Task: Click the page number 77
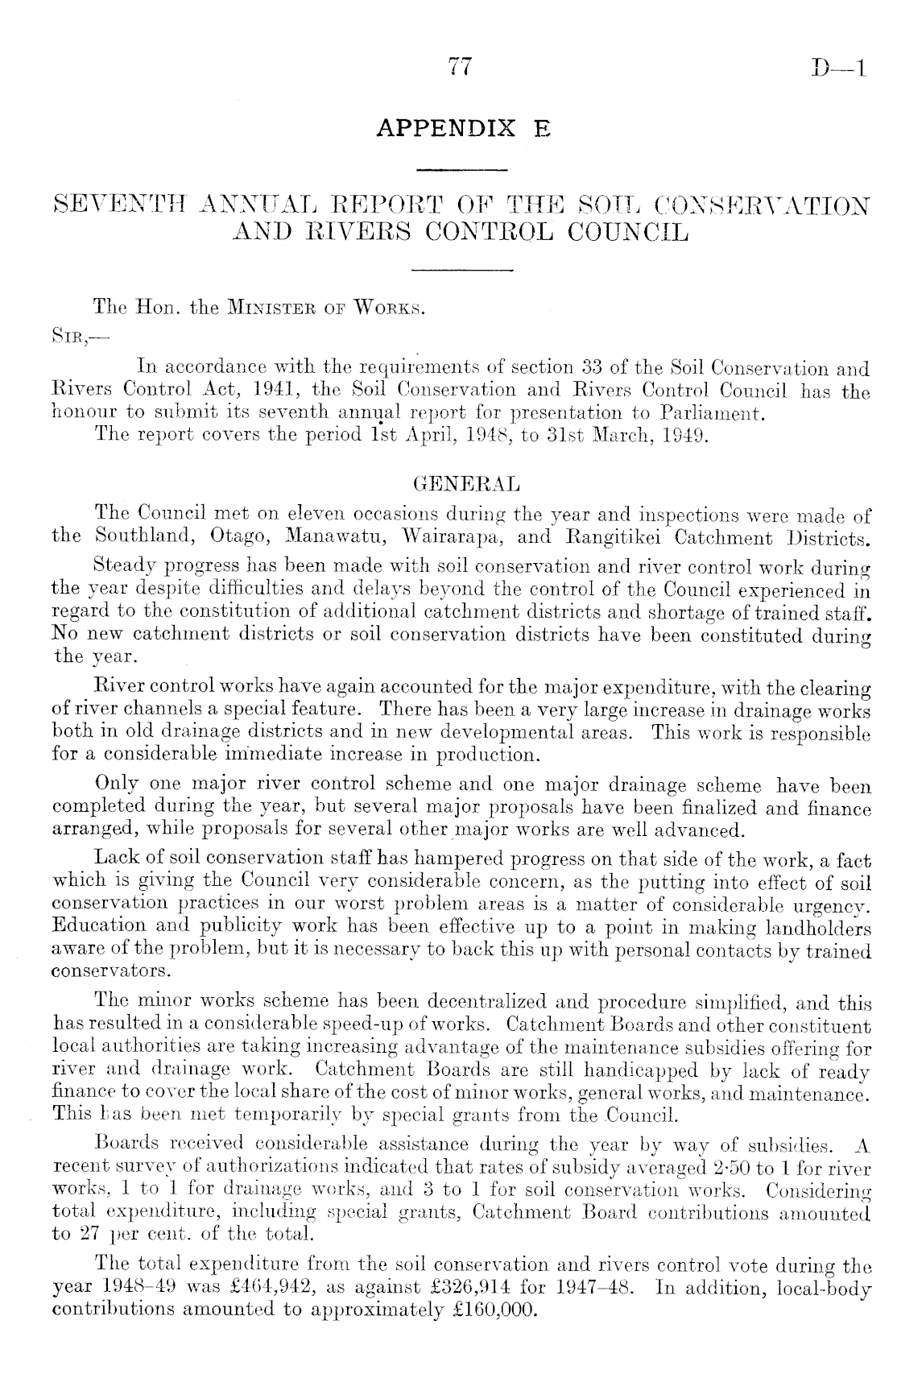458,68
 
